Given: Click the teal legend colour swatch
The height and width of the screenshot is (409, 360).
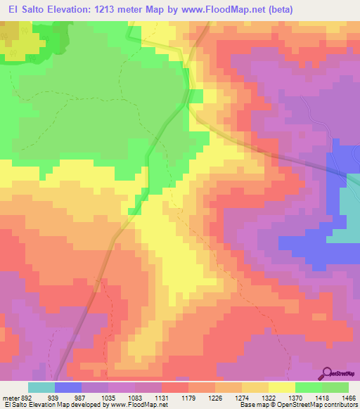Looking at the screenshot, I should coord(41,387).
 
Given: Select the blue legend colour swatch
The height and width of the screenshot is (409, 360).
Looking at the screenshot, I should coord(67,387).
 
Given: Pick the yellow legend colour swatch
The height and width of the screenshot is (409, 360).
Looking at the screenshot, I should coord(281,387).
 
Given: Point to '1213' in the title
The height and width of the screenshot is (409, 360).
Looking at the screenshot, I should coord(96,8).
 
